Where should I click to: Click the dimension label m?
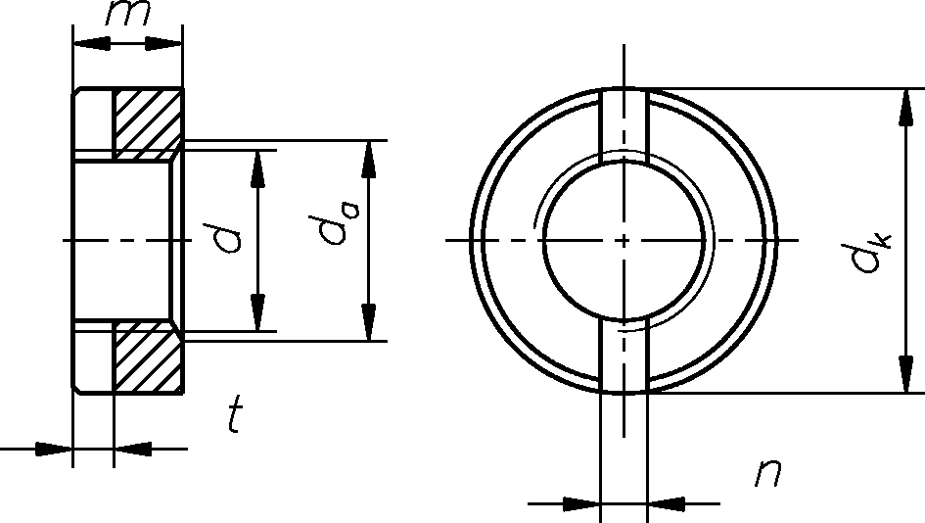pos(128,13)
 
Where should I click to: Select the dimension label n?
pos(768,473)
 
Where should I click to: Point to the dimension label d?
pos(228,238)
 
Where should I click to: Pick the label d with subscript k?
pos(872,251)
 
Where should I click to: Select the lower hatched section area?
pos(148,357)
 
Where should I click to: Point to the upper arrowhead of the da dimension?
pos(369,160)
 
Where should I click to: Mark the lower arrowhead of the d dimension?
pos(257,312)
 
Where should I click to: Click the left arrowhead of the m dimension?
pos(91,43)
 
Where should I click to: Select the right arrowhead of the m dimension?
pos(164,43)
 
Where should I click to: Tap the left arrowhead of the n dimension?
pos(581,504)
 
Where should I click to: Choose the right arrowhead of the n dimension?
pos(666,504)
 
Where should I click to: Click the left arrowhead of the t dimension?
pos(54,449)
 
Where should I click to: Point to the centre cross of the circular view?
pos(624,240)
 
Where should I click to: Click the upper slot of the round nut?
pos(624,125)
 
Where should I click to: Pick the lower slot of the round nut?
pos(624,356)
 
